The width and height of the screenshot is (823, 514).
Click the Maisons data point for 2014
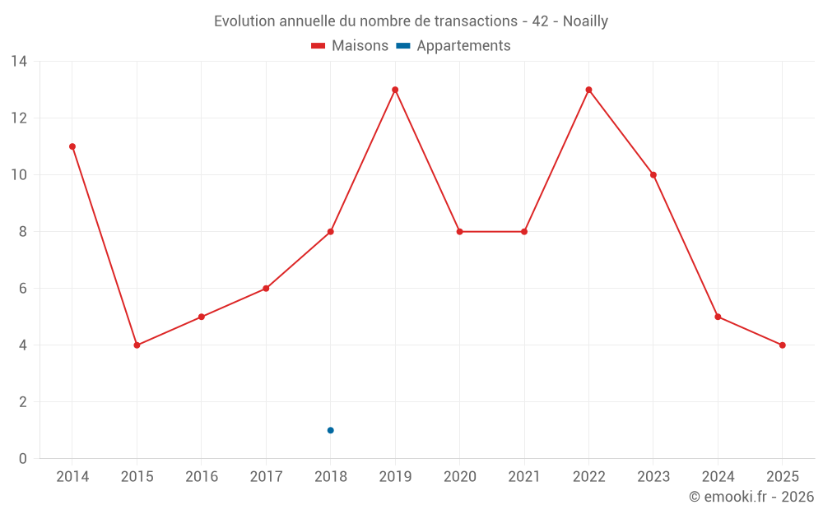point(72,146)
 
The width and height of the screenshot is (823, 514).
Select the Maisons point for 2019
point(395,90)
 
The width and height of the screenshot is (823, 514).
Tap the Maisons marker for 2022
point(588,90)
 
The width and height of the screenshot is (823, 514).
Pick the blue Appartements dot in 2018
point(330,430)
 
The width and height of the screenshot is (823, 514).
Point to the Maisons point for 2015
point(137,345)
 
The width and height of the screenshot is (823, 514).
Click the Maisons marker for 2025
point(782,345)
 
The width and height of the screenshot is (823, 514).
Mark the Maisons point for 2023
point(653,175)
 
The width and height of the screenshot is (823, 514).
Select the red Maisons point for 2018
point(330,232)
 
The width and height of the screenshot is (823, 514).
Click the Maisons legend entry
point(350,46)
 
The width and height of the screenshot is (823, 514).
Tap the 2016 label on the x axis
point(202,477)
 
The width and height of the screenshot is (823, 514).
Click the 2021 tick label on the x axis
point(524,477)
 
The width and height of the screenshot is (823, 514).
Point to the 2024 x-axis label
point(718,477)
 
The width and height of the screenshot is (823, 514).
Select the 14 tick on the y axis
point(19,62)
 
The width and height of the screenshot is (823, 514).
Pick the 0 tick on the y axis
point(23,459)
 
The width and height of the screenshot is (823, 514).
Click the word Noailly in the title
point(585,21)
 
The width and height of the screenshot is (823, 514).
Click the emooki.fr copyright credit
point(751,497)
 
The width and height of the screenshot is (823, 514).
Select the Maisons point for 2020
point(459,232)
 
